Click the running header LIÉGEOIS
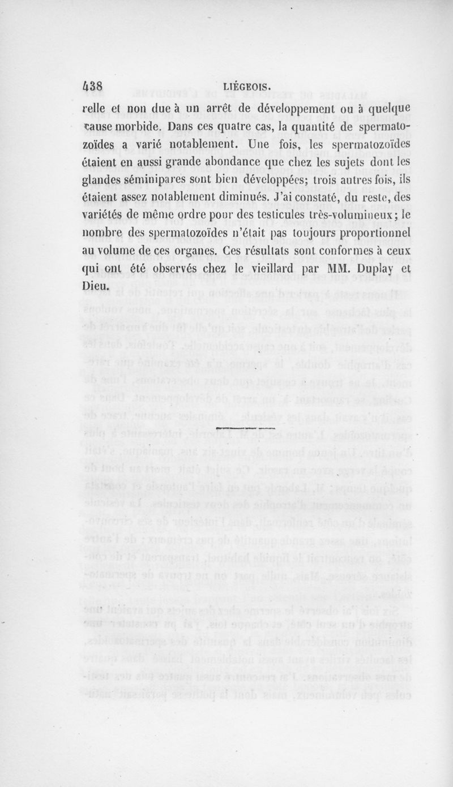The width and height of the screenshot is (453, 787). tap(247, 87)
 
